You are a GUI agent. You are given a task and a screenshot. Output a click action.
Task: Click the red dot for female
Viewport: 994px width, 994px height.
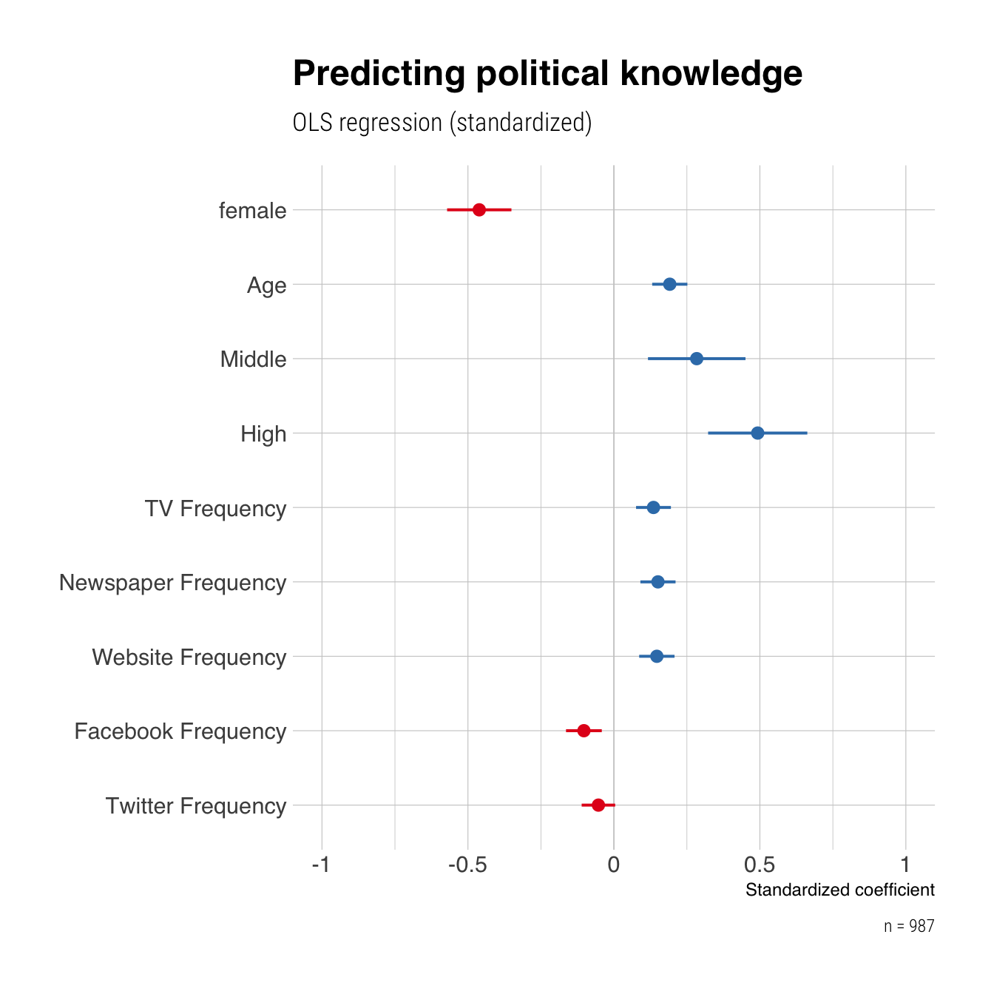(479, 210)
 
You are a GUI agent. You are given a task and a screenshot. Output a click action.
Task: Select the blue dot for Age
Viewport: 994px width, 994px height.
(669, 284)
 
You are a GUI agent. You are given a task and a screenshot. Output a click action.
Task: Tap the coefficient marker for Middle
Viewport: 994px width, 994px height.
(696, 359)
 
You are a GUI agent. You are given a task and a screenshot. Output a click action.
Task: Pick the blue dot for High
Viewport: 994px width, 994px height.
(757, 433)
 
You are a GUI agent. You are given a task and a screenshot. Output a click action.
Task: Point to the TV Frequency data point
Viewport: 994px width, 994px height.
(653, 507)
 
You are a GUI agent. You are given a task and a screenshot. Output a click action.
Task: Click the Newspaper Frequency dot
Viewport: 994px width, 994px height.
(657, 582)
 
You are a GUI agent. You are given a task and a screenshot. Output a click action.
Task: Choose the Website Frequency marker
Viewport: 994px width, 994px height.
(657, 656)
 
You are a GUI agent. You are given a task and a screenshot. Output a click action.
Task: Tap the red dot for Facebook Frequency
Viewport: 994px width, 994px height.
(584, 731)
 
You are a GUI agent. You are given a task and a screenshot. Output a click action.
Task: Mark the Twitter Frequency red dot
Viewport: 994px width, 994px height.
(598, 805)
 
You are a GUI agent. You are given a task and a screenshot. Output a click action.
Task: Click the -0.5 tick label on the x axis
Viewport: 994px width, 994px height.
(467, 865)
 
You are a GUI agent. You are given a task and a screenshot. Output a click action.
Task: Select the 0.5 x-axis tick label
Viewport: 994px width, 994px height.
(760, 865)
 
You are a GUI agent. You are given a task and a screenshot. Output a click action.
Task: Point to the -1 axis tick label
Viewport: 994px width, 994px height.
(321, 865)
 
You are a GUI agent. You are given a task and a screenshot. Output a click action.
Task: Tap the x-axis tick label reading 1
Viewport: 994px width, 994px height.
(906, 865)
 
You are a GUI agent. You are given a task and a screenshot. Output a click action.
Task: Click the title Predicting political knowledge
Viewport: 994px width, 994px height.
(547, 74)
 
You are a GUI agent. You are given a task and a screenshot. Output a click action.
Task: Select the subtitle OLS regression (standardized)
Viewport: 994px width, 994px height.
(442, 123)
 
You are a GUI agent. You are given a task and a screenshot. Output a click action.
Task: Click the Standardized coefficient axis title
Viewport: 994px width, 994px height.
(839, 890)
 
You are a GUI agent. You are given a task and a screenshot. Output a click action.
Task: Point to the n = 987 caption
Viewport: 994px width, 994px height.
(909, 927)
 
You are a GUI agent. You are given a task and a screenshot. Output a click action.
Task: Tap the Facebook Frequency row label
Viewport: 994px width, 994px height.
(180, 731)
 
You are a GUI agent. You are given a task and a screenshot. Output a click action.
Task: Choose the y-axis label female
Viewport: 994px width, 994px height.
(253, 212)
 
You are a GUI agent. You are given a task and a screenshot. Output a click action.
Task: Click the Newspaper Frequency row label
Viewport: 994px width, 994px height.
(172, 583)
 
